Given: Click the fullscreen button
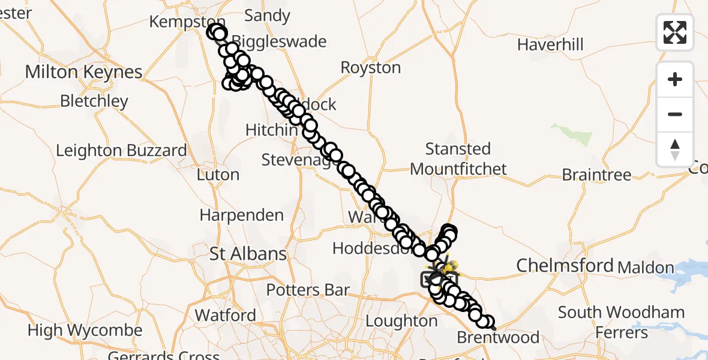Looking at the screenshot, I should coord(675,32).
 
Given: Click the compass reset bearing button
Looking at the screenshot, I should coord(675,149).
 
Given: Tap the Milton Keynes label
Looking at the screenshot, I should coord(83,73).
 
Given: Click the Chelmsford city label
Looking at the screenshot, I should coord(565,265).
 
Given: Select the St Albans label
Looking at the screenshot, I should coord(248,254).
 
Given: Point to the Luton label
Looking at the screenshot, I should coord(218,175).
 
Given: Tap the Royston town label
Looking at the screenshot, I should coord(370,68).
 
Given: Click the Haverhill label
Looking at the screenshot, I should coord(550,44).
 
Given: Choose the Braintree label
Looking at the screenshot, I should coord(596,175).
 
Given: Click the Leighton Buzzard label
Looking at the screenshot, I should coord(121,150).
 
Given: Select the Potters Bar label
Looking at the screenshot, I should coord(308,290).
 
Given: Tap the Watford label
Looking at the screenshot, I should coord(225,315).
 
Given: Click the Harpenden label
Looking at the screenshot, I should coord(241,215).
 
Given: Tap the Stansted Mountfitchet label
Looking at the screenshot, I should coord(458,159).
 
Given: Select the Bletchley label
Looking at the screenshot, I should coord(94,101).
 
